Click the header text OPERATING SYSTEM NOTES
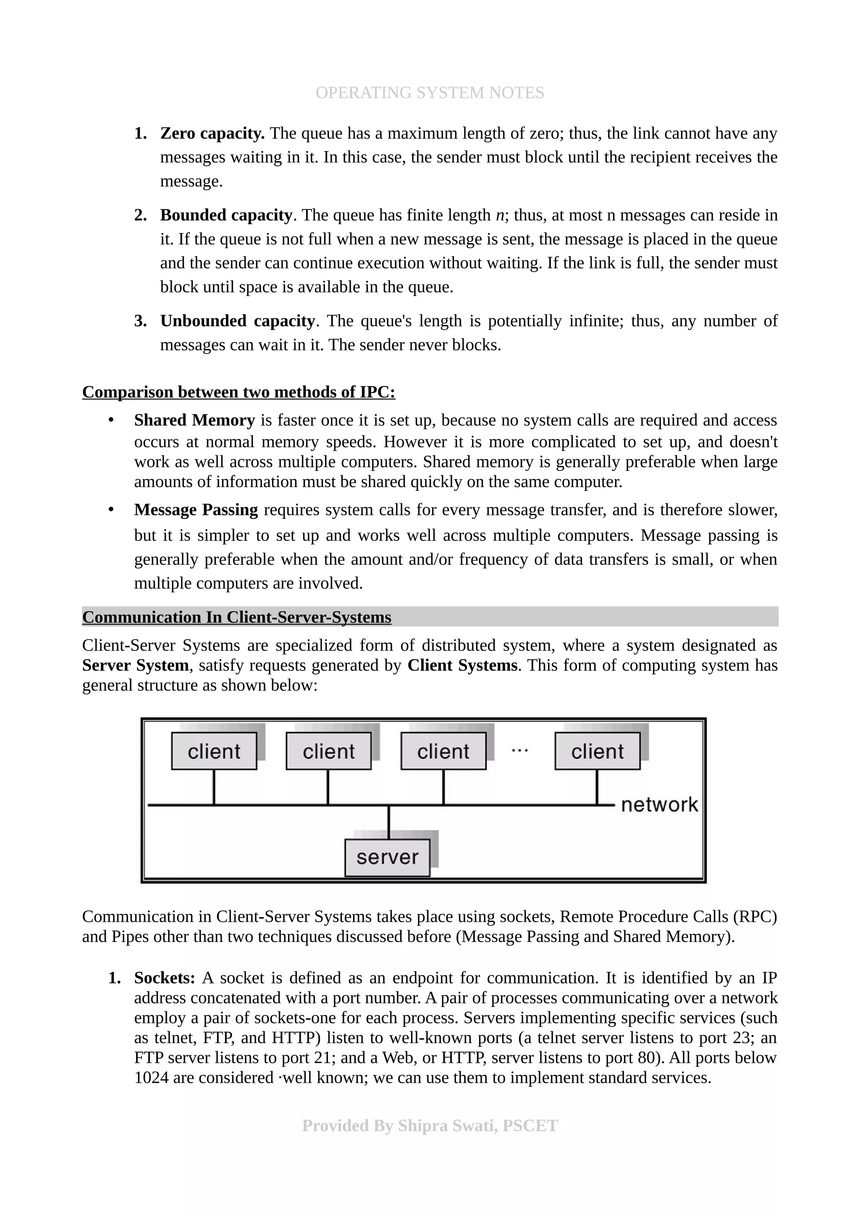tap(429, 93)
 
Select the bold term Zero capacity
tap(212, 134)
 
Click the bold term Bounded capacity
tap(226, 215)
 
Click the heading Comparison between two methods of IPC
tap(239, 392)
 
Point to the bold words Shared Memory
tap(194, 420)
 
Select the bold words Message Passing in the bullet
tap(196, 510)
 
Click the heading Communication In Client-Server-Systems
tap(236, 617)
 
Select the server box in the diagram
tap(387, 858)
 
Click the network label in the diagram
tap(659, 805)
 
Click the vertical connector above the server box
tap(388, 823)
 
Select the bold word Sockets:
tap(165, 978)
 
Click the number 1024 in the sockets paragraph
tap(151, 1078)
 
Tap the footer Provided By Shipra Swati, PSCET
tap(430, 1126)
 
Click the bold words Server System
tap(136, 666)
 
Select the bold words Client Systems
tap(462, 666)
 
